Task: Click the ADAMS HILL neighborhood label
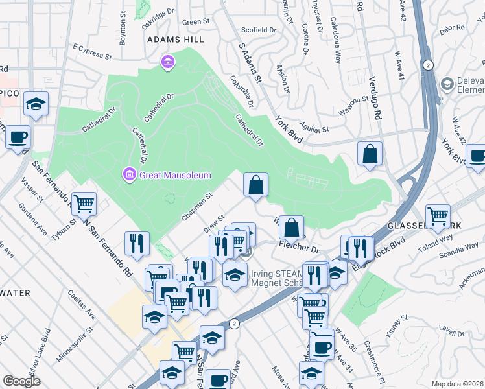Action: tap(175, 40)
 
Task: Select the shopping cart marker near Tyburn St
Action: tap(84, 204)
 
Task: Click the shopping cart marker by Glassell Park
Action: tap(438, 216)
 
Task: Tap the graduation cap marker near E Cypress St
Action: tap(36, 104)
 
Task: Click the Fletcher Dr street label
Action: tap(300, 247)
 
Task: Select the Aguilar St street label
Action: tap(314, 130)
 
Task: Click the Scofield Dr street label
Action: tap(259, 30)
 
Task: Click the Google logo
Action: tap(22, 381)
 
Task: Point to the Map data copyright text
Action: tap(457, 383)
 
